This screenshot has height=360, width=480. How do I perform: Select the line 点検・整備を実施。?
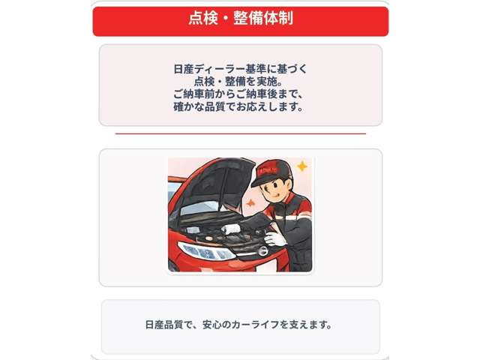click(x=240, y=82)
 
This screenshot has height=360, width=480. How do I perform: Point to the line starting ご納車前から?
click(x=240, y=94)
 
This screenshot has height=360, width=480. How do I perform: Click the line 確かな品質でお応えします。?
click(x=240, y=107)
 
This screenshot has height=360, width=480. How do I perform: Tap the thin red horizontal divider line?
click(x=240, y=133)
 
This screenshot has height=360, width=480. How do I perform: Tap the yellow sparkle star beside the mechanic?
click(x=301, y=166)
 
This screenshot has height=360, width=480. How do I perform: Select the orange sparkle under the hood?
click(x=250, y=203)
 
